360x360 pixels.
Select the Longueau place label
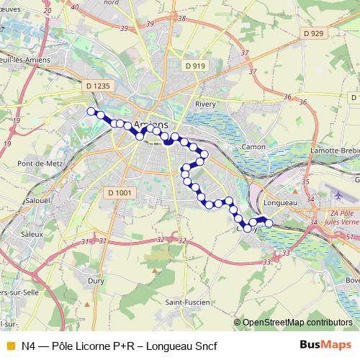click(281, 203)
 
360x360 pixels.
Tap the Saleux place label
click(32, 234)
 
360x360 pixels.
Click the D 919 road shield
click(194, 66)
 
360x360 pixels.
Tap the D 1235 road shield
click(99, 86)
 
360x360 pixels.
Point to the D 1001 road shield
click(120, 192)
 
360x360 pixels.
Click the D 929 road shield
click(314, 33)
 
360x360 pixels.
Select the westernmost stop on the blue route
click(91, 111)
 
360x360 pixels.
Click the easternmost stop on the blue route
click(269, 223)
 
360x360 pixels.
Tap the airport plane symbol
click(339, 195)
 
